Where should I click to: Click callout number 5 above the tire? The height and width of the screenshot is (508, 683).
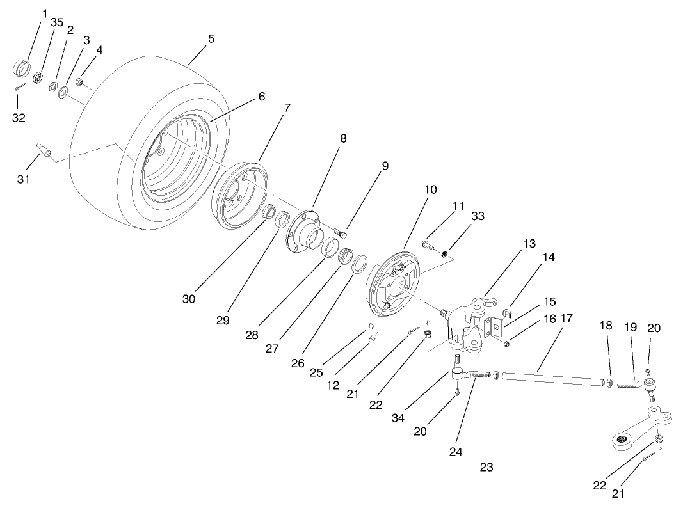coord(211,38)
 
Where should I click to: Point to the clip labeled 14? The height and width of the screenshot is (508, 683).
coord(504,313)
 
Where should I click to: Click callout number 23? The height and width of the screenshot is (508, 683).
coord(486,467)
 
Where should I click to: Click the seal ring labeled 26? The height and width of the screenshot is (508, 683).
coord(360,263)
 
